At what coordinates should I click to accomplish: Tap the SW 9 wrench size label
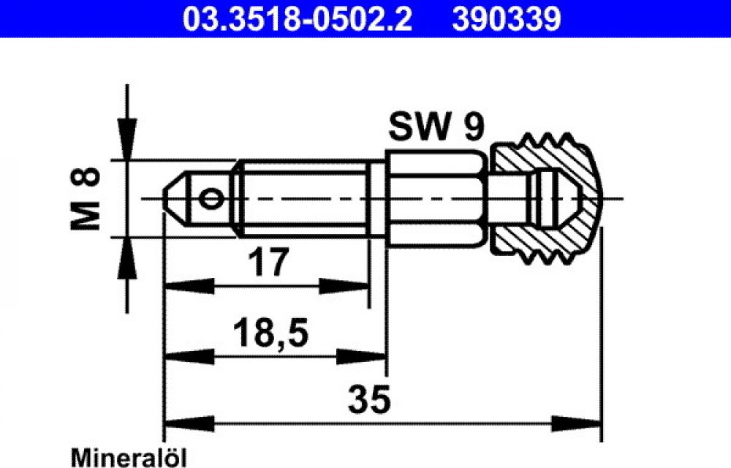[x=436, y=127]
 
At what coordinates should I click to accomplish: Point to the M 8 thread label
[x=86, y=199]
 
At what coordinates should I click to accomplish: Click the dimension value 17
[x=268, y=263]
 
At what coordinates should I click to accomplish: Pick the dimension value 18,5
[x=271, y=333]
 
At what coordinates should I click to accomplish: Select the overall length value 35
[x=368, y=399]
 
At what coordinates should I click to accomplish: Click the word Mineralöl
[x=128, y=457]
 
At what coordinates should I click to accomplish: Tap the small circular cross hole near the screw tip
[x=211, y=199]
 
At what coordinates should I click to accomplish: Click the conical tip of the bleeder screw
[x=175, y=199]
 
